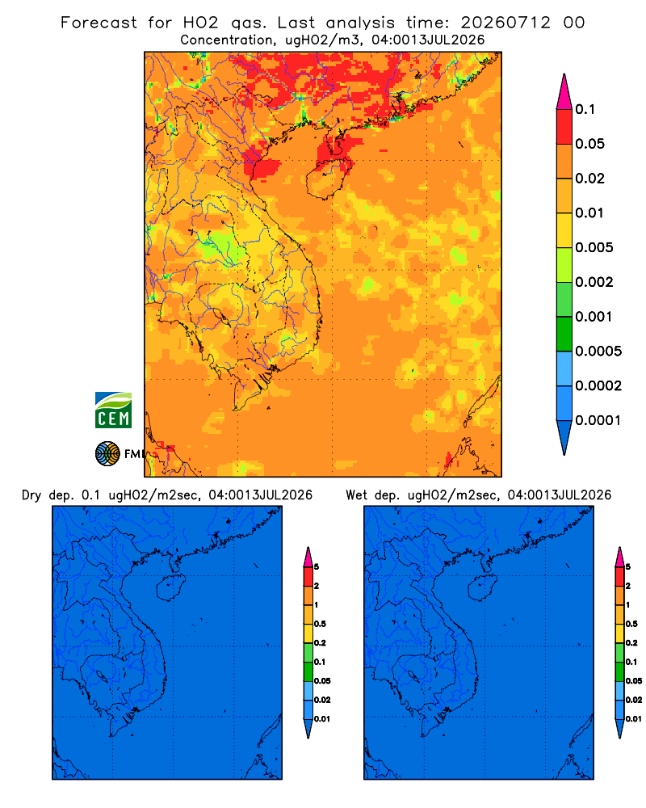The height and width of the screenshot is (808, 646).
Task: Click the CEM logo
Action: (x=113, y=410)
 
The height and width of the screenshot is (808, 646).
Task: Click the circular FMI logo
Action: (x=107, y=454)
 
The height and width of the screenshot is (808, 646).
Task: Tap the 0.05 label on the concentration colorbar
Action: (x=589, y=144)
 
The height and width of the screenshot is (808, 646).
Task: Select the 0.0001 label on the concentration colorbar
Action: (x=598, y=420)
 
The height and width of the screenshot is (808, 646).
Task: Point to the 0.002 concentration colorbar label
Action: (x=594, y=282)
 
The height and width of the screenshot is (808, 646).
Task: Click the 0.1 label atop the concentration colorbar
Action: (x=585, y=109)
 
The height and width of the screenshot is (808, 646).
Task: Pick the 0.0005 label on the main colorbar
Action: (x=598, y=351)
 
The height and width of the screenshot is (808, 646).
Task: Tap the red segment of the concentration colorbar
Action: (x=564, y=127)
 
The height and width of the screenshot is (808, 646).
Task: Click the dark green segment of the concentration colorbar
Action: (x=564, y=334)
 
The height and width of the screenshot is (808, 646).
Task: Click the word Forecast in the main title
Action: (x=99, y=23)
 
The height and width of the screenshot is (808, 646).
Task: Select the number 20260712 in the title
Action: (x=505, y=23)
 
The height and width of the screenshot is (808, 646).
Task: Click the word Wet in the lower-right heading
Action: (x=356, y=495)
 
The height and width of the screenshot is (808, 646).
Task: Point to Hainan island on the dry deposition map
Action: (x=170, y=588)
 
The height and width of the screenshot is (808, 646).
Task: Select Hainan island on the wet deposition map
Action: (x=483, y=588)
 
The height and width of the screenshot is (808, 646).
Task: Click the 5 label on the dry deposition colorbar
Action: (x=317, y=567)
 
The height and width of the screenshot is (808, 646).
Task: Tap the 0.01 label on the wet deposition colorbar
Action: (x=634, y=719)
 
